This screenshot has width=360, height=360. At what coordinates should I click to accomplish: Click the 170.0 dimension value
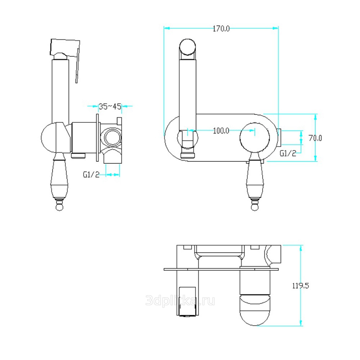point(221,29)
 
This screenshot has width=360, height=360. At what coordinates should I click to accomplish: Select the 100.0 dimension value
point(221,131)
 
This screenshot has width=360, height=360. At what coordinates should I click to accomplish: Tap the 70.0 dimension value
point(315,138)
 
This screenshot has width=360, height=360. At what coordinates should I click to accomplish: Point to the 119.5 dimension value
point(301,286)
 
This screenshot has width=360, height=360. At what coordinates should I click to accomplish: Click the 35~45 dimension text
point(110,107)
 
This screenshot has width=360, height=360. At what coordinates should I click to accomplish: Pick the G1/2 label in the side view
point(91,175)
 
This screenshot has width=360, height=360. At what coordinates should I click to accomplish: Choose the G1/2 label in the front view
point(288,153)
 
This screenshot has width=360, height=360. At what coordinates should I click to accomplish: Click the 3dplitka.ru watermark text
point(180,300)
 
